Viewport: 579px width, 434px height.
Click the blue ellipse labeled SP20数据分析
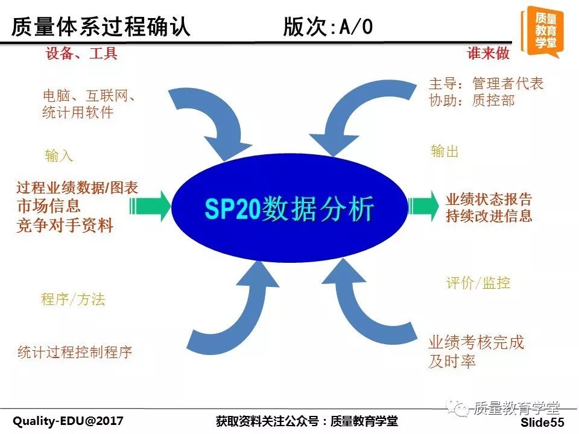tap(289, 208)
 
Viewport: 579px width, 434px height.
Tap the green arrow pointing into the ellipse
tap(150, 206)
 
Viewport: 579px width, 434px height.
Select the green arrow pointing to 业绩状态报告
tap(424, 206)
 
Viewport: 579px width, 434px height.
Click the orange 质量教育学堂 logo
tap(542, 32)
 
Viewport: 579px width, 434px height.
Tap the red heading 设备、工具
tap(81, 54)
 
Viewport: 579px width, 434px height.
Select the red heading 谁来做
tap(488, 53)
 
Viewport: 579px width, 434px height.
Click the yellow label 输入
tap(59, 156)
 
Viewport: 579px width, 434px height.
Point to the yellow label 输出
tap(445, 151)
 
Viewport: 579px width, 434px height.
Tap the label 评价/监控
tap(478, 283)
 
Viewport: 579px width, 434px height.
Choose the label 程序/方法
tap(73, 299)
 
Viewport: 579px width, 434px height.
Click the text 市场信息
tap(49, 206)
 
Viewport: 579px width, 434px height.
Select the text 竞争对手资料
tap(65, 225)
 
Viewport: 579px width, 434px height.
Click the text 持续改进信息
tap(489, 216)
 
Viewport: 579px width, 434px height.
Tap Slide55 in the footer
tap(542, 422)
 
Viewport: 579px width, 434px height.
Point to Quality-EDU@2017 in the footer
tap(68, 421)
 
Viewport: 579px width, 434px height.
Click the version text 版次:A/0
tap(328, 27)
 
